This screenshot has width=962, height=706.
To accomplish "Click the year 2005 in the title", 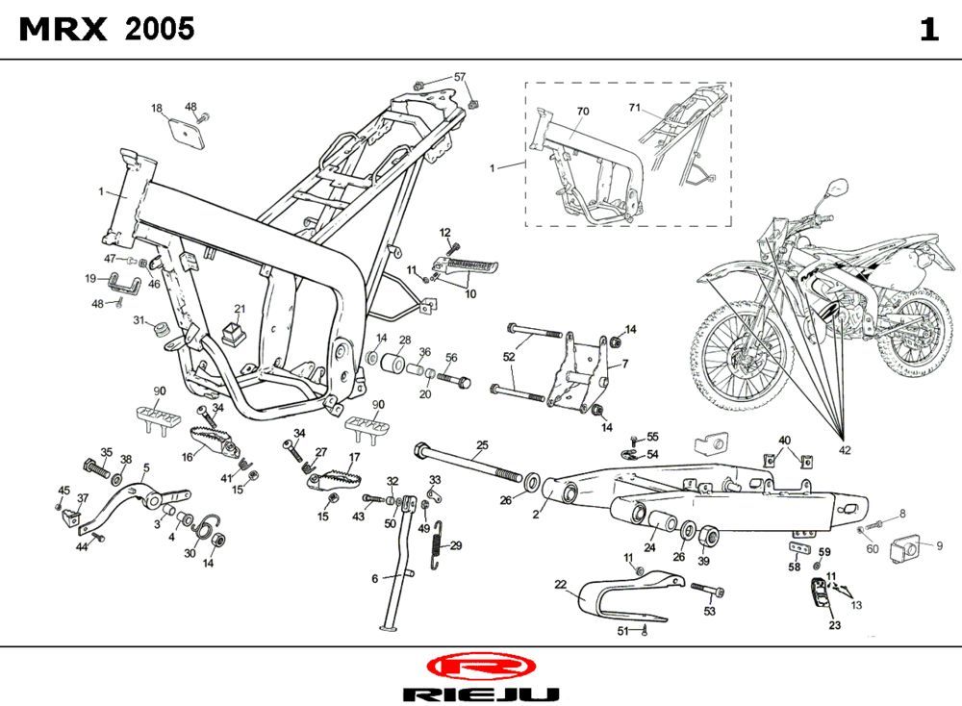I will [x=160, y=30].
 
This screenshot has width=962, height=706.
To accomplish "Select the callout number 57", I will [x=460, y=77].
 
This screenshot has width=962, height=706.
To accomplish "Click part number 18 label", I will [x=157, y=109].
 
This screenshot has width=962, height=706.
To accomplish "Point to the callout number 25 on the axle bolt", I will [x=482, y=444].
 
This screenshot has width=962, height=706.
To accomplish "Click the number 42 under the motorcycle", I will [x=845, y=450].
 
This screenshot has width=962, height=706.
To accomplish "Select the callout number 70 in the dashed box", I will [x=582, y=112].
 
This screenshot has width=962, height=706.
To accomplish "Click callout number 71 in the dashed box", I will [x=635, y=107].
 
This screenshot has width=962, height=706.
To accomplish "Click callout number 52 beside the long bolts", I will [x=509, y=357].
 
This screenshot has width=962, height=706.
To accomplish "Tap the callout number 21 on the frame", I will [x=240, y=309].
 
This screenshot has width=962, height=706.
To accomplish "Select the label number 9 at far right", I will [x=939, y=545].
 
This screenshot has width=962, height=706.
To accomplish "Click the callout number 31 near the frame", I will [x=139, y=320].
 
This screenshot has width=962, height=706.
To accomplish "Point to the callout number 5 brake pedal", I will [x=146, y=468].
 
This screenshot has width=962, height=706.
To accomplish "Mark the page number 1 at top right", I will [x=928, y=30].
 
